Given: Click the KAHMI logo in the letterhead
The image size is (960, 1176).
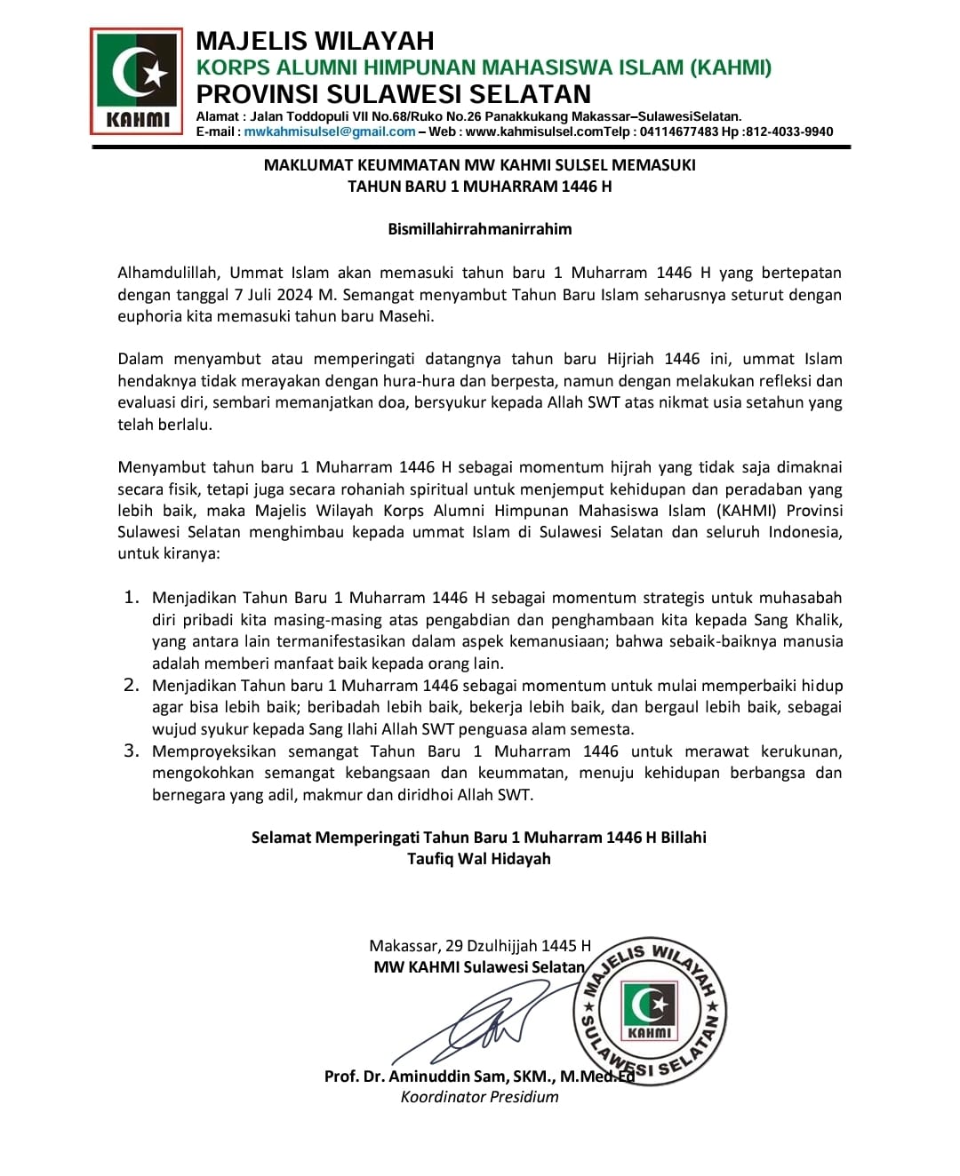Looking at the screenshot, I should (136, 81).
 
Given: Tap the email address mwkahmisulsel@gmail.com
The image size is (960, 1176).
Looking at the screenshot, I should (330, 131).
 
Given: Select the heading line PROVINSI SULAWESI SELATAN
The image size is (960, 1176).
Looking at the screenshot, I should (393, 94).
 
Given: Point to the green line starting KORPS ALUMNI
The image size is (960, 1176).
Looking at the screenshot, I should (484, 68).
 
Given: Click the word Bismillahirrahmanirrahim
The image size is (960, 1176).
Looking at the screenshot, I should (479, 229).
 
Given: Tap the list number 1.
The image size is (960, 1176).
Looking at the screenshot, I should (132, 597).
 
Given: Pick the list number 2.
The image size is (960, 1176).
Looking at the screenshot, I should (132, 685).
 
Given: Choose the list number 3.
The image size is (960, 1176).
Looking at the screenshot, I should (132, 751).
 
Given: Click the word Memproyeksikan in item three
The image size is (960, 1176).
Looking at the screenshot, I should (214, 751).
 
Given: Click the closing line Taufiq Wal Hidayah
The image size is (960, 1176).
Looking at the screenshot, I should (479, 859).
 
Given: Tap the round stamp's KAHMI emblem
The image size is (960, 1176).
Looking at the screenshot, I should (650, 1011).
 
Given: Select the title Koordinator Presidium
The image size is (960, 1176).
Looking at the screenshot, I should (479, 1097).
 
